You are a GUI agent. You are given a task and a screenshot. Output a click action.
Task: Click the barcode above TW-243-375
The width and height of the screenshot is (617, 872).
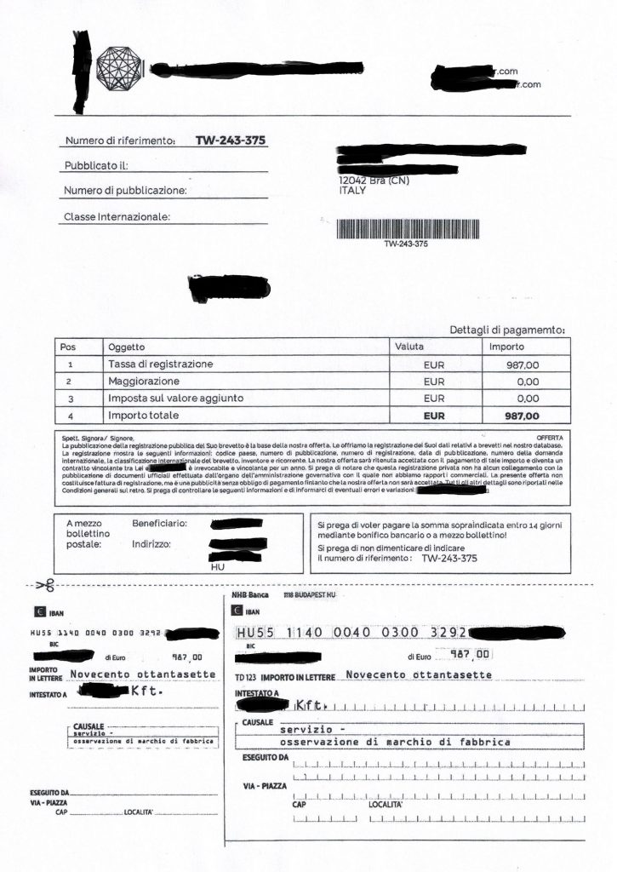coord(407,228)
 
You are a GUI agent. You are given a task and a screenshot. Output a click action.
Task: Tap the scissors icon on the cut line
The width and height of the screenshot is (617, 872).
coord(46,585)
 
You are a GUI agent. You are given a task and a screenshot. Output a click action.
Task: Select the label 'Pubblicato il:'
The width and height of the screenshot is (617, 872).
coord(96,165)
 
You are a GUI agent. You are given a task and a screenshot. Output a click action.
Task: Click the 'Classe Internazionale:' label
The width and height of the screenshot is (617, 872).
coord(117,216)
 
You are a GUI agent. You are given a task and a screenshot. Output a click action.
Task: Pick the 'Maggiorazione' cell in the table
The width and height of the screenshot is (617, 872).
coord(144,381)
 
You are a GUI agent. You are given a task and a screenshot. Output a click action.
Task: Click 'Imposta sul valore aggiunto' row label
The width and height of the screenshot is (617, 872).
coord(176,398)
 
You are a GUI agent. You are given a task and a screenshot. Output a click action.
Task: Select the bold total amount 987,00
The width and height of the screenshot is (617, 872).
coord(522,416)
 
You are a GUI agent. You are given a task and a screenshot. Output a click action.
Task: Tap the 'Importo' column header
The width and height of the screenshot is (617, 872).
coord(506,347)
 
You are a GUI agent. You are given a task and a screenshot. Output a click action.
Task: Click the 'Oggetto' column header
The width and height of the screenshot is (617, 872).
coord(127,347)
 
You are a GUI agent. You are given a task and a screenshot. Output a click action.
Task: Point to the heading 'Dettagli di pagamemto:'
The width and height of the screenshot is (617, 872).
coord(507,330)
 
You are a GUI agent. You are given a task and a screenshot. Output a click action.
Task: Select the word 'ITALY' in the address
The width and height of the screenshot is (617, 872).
coord(352,191)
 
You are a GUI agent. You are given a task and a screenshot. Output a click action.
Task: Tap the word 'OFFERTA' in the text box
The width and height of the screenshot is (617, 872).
coord(550,437)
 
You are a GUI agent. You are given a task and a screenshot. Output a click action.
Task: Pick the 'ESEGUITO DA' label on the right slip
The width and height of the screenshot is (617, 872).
coord(266,756)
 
